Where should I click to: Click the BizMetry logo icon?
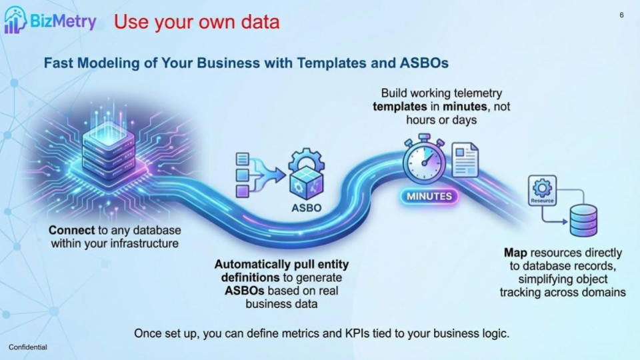pyautogui.click(x=15, y=19)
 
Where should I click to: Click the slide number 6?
pyautogui.click(x=621, y=15)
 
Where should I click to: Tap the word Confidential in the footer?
pyautogui.click(x=28, y=347)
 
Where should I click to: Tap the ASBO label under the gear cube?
pyautogui.click(x=306, y=207)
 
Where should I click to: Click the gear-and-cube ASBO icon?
pyautogui.click(x=306, y=175)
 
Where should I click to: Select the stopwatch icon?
pyautogui.click(x=423, y=161)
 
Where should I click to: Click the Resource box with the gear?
pyautogui.click(x=541, y=190)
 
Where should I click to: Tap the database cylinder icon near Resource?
pyautogui.click(x=583, y=221)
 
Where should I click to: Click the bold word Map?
pyautogui.click(x=515, y=253)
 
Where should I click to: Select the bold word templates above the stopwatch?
pyautogui.click(x=399, y=107)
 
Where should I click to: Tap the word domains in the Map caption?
pyautogui.click(x=604, y=292)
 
